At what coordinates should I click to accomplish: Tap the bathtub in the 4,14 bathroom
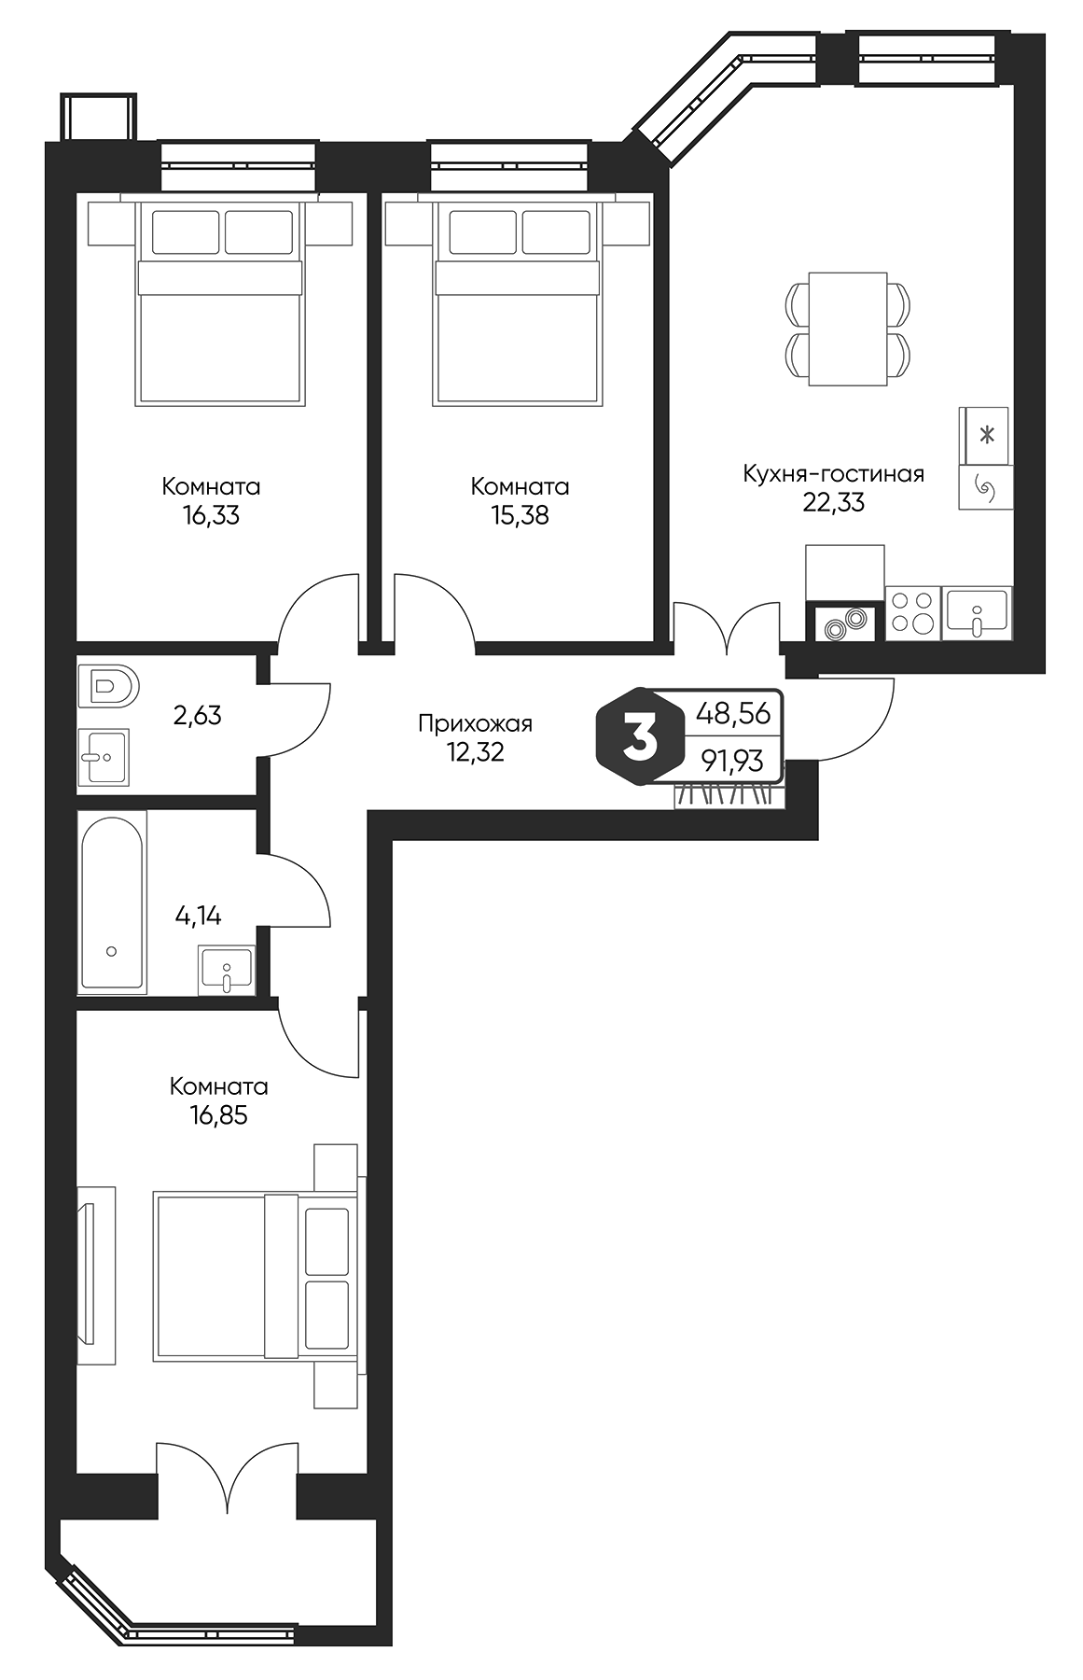[x=112, y=902]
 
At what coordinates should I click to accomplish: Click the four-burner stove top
[x=912, y=614]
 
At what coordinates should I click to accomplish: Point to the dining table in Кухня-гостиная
[x=847, y=329]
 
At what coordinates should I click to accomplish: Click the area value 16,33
[x=211, y=515]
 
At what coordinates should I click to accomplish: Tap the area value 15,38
[x=520, y=515]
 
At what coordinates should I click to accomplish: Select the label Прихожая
[x=475, y=722]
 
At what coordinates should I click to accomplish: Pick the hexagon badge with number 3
[x=641, y=737]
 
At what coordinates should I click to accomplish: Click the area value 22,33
[x=833, y=503]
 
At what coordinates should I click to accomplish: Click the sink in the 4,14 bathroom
[x=227, y=970]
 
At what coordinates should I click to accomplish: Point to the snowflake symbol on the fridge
[x=985, y=434]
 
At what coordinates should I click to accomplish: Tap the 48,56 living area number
[x=733, y=714]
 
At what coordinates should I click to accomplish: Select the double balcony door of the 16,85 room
[x=227, y=1479]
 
